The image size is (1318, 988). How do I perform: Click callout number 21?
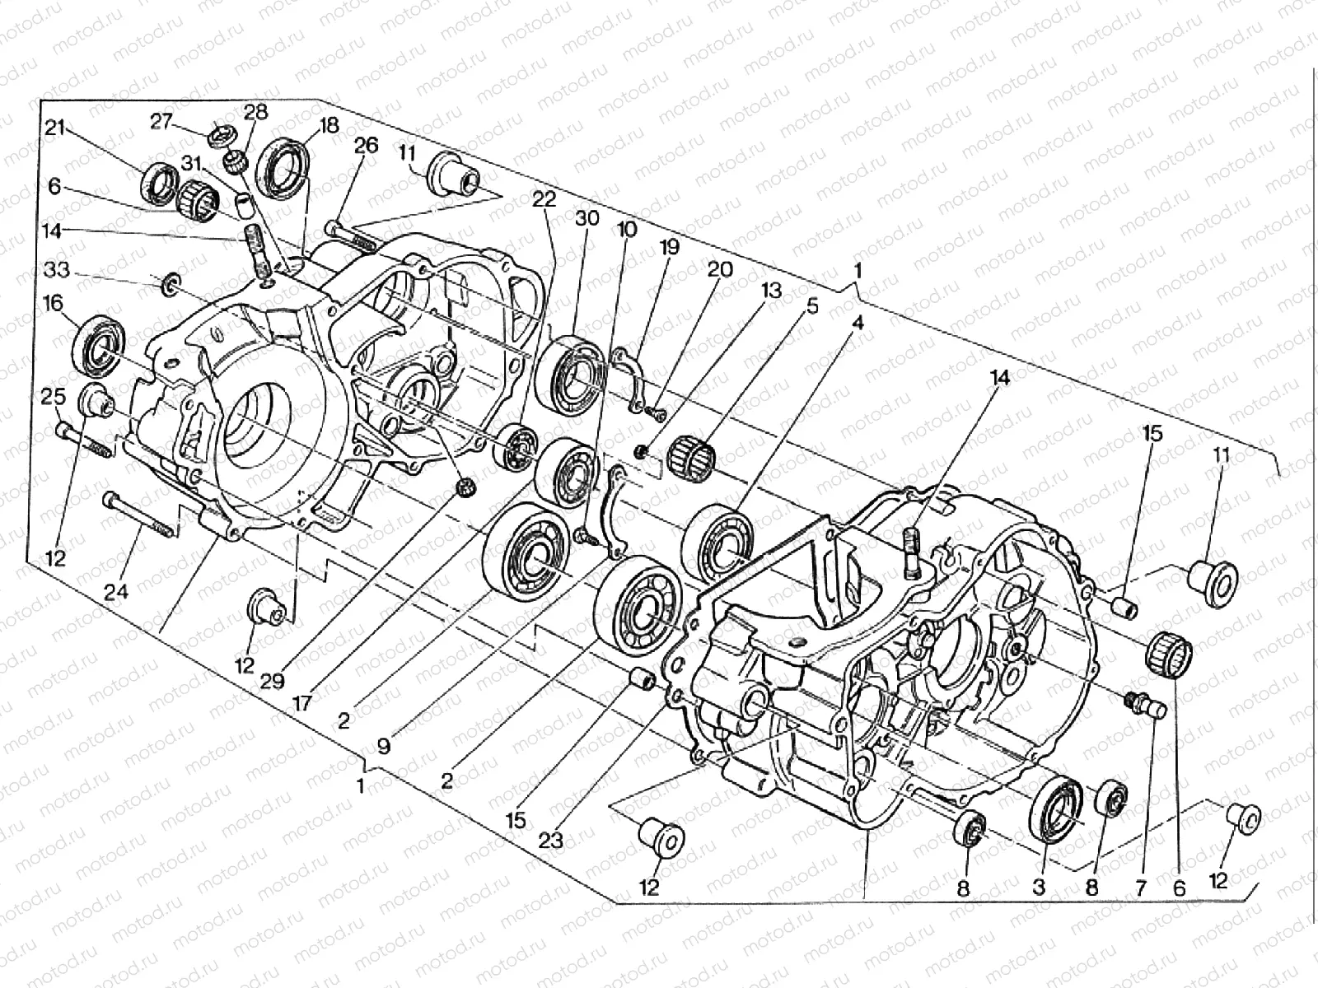(54, 128)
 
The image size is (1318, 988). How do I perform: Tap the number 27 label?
(160, 122)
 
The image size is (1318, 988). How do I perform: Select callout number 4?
(858, 324)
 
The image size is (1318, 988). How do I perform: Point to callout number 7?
(1140, 888)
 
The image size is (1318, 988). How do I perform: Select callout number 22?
(543, 200)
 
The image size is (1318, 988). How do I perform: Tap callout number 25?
(54, 397)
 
